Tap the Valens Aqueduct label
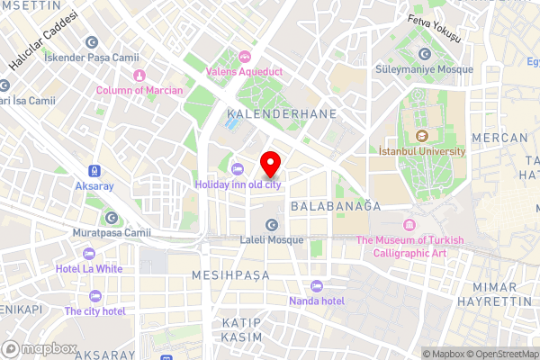(x=245, y=69)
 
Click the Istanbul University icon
(x=420, y=137)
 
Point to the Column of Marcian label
(x=139, y=90)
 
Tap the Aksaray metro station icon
(x=94, y=170)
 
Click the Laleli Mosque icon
(x=271, y=225)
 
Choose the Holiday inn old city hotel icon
(x=238, y=170)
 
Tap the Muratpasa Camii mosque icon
(x=112, y=217)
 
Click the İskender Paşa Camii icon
(x=91, y=41)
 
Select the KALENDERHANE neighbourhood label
(x=281, y=114)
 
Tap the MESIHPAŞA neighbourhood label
(x=230, y=272)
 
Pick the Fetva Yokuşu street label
(x=434, y=29)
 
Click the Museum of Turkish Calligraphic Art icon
(x=410, y=224)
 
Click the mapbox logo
(x=40, y=348)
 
